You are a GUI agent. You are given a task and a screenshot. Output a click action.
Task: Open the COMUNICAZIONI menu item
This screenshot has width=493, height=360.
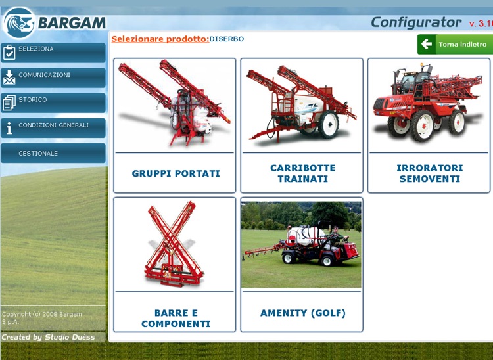pos(53,78)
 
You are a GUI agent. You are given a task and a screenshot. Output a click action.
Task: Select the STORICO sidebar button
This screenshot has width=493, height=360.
pos(53,102)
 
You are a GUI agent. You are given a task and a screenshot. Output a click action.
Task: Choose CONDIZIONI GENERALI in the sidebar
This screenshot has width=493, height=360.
pos(53,127)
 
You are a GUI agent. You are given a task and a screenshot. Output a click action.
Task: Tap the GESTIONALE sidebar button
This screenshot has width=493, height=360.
pos(53,153)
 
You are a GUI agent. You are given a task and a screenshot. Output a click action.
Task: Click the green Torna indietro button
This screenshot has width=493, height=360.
pos(455,45)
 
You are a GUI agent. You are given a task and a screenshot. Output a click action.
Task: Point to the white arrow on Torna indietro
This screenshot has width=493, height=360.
pos(427,45)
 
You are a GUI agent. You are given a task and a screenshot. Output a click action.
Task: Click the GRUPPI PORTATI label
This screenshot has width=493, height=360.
pos(176,174)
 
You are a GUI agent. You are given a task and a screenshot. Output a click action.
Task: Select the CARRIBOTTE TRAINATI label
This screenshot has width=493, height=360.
pos(302,173)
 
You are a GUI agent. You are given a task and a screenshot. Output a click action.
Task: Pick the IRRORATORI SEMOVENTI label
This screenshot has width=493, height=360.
pos(429,173)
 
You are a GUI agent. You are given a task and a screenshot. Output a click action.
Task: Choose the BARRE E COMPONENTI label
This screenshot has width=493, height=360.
pos(176,319)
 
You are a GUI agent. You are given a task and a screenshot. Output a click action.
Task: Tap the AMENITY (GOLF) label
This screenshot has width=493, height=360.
pos(302,313)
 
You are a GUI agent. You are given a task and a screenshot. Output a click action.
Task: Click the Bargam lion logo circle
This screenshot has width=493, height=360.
pos(18,23)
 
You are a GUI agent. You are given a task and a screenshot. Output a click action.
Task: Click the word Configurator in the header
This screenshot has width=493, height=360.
pos(416,22)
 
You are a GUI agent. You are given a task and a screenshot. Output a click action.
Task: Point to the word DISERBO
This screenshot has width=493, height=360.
pos(227,39)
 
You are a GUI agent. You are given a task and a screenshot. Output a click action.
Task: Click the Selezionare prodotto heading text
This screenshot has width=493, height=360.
pos(160,39)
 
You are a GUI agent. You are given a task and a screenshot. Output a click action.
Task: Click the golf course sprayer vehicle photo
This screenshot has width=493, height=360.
pos(302,244)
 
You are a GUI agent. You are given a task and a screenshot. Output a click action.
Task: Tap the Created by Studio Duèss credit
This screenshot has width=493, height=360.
pos(48,337)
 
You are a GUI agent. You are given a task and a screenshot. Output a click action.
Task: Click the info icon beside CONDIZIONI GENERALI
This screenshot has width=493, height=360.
pos(9,128)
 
